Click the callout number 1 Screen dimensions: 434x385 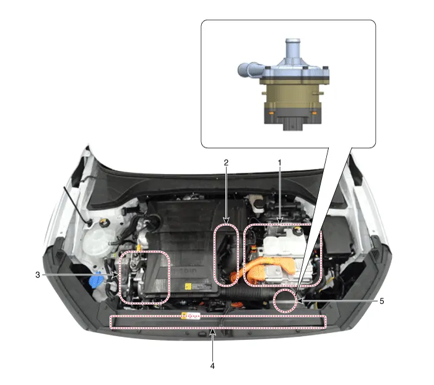[280, 162]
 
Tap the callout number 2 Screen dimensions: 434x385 [226, 162]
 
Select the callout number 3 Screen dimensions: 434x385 [38, 275]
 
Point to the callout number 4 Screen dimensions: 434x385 [212, 366]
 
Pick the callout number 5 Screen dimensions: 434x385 [382, 301]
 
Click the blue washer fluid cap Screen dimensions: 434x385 [94, 280]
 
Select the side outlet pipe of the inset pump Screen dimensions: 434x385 [249, 70]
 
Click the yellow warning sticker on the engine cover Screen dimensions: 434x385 [188, 286]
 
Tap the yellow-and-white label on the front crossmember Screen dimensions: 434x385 [191, 316]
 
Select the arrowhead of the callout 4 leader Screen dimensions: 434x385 [212, 332]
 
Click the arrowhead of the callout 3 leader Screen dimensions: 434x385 [116, 275]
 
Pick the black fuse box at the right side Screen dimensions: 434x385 [337, 235]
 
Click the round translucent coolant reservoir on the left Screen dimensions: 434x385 [98, 243]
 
